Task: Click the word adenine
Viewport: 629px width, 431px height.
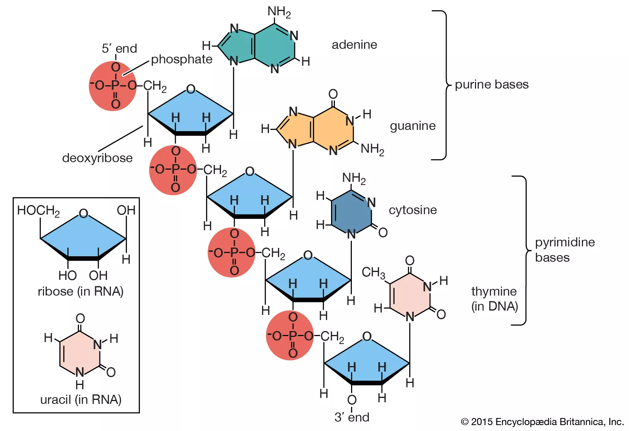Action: click(x=354, y=45)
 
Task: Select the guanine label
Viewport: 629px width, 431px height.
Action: click(x=412, y=126)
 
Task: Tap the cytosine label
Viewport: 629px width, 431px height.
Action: click(x=412, y=210)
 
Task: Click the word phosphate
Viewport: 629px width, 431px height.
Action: click(x=182, y=59)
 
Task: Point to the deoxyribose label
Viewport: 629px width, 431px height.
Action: click(x=97, y=158)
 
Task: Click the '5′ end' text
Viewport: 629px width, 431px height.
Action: click(x=119, y=49)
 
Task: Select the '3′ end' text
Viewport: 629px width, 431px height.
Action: click(x=352, y=417)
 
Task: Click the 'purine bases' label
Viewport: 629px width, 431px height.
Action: click(x=491, y=85)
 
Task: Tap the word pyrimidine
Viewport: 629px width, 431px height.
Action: click(x=565, y=242)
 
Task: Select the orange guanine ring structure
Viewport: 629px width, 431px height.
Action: click(x=322, y=128)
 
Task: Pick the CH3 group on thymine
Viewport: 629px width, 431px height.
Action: click(x=373, y=272)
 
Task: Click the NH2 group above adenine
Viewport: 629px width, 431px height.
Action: click(x=279, y=12)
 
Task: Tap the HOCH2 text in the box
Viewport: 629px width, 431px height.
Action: click(x=38, y=211)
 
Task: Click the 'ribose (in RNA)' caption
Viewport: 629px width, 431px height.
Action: click(x=81, y=292)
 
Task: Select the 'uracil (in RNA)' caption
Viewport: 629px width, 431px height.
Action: click(x=81, y=400)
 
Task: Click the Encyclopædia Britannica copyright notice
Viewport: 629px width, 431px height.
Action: click(x=542, y=422)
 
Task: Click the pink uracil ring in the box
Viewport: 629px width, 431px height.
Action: click(x=80, y=352)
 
